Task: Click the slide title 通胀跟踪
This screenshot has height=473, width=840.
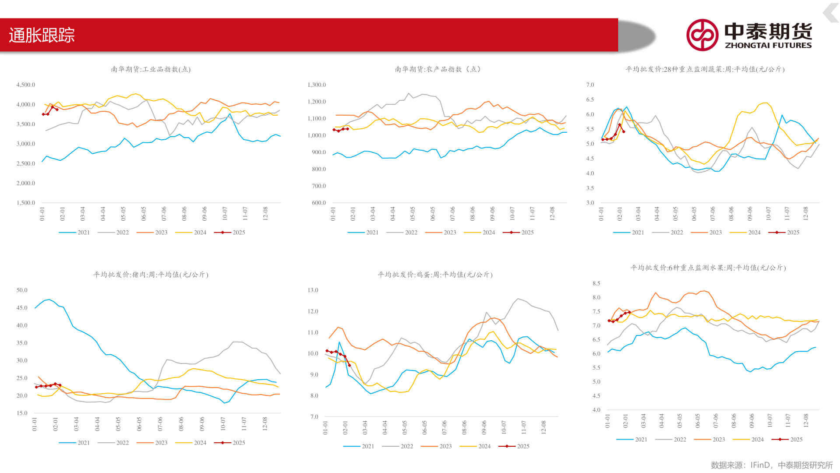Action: click(42, 35)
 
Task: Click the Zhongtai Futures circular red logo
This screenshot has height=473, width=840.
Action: click(702, 35)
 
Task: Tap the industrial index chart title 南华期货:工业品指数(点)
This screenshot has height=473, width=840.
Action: click(150, 69)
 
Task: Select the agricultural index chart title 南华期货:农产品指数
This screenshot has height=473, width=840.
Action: click(437, 69)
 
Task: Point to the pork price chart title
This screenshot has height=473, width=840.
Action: click(150, 275)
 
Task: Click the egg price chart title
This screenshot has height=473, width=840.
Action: click(435, 275)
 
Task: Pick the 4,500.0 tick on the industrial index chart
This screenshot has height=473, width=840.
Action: click(26, 85)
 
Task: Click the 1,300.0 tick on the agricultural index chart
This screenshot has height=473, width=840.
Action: click(317, 85)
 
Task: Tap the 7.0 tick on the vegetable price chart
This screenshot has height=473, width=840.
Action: click(590, 85)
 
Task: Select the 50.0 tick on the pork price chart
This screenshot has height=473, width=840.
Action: click(22, 290)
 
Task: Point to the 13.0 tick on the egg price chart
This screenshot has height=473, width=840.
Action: click(313, 290)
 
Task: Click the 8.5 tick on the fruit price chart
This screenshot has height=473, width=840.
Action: click(596, 283)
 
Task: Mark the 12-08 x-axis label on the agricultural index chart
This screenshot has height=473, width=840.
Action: click(553, 213)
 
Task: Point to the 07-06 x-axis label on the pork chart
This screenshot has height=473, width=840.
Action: click(160, 424)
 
